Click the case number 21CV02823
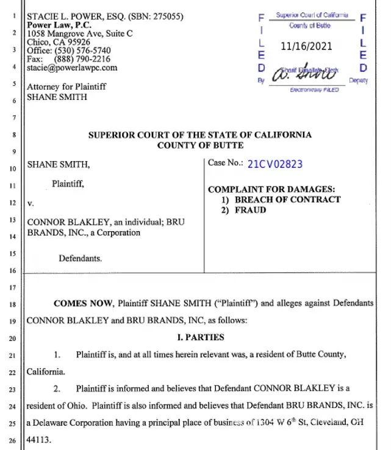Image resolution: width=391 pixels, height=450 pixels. (x=275, y=164)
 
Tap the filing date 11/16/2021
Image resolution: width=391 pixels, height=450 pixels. (x=307, y=46)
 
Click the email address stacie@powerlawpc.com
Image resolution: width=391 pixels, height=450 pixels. (x=72, y=68)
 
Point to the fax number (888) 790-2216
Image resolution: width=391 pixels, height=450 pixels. (x=82, y=59)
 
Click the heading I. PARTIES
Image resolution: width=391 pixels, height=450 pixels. (x=199, y=337)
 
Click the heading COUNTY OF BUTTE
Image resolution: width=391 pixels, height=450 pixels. (x=200, y=145)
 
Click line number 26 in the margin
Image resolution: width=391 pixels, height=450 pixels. (x=13, y=439)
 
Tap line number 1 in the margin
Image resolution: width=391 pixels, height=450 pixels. (x=13, y=16)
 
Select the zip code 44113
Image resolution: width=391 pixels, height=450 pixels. (x=40, y=438)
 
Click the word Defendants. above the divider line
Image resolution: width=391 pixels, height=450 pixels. (x=81, y=258)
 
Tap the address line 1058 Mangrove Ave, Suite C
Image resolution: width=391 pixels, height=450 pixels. (x=80, y=34)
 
